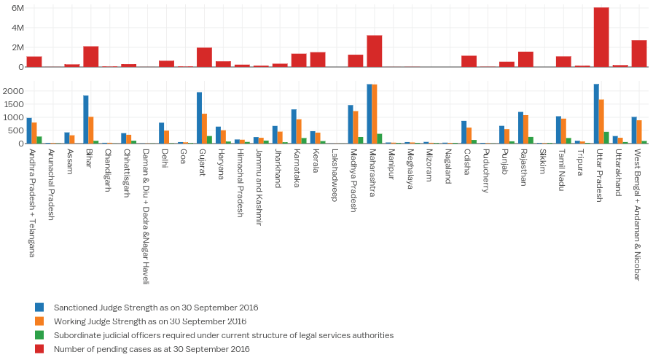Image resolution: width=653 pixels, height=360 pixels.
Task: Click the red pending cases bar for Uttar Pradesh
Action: coord(601,37)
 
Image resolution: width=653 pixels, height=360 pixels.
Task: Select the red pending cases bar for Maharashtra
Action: coord(375,51)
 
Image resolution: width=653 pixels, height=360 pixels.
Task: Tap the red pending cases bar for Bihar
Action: coord(91,57)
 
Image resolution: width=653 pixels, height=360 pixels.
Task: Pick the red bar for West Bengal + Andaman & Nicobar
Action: coord(639,53)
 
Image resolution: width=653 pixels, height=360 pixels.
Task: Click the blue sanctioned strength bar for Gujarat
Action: coord(199,118)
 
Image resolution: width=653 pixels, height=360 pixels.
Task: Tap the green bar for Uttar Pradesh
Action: coord(606,138)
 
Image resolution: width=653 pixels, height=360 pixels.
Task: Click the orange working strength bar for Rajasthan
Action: coord(526,129)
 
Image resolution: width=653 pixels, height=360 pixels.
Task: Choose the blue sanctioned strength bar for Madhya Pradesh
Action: coord(351,125)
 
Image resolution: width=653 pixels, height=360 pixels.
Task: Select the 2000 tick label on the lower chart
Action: coord(15,91)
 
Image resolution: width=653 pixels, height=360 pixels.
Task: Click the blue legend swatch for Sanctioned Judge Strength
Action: coord(40,308)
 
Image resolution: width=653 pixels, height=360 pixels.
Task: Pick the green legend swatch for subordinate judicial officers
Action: coord(40,335)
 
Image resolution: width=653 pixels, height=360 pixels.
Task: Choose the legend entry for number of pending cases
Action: coord(152,349)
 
